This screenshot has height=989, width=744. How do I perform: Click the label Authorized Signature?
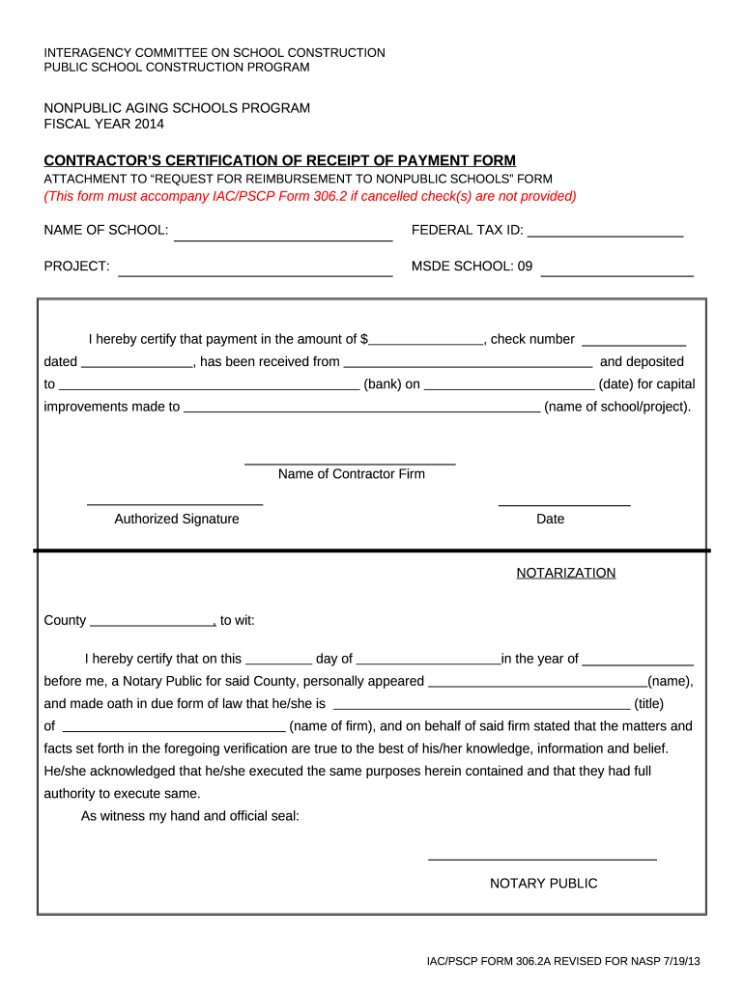pos(177,519)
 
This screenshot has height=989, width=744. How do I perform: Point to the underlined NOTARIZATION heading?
pos(565,573)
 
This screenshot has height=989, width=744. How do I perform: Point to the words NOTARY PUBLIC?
pos(543,883)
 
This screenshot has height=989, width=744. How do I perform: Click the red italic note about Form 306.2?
pos(309,196)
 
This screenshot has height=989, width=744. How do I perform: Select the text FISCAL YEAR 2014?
pos(104,124)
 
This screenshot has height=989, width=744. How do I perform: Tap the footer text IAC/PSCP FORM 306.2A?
pos(563,962)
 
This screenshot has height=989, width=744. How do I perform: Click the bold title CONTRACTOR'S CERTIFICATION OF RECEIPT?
pos(280,160)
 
